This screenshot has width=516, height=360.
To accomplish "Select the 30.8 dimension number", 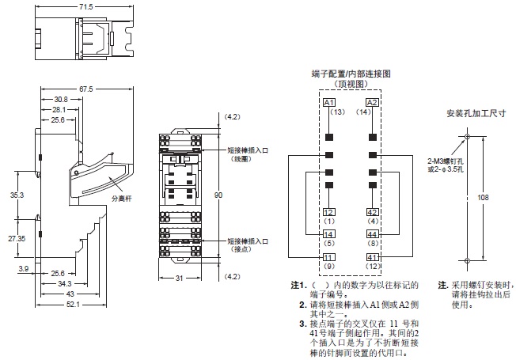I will click(62, 100).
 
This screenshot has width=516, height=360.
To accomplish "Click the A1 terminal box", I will click(329, 103).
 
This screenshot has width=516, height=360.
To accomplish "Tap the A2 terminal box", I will click(371, 103).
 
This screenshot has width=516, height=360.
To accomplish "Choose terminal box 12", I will click(329, 211).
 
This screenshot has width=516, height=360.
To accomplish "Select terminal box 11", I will click(329, 257).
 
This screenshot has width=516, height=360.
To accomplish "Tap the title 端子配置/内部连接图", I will click(351, 73).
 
